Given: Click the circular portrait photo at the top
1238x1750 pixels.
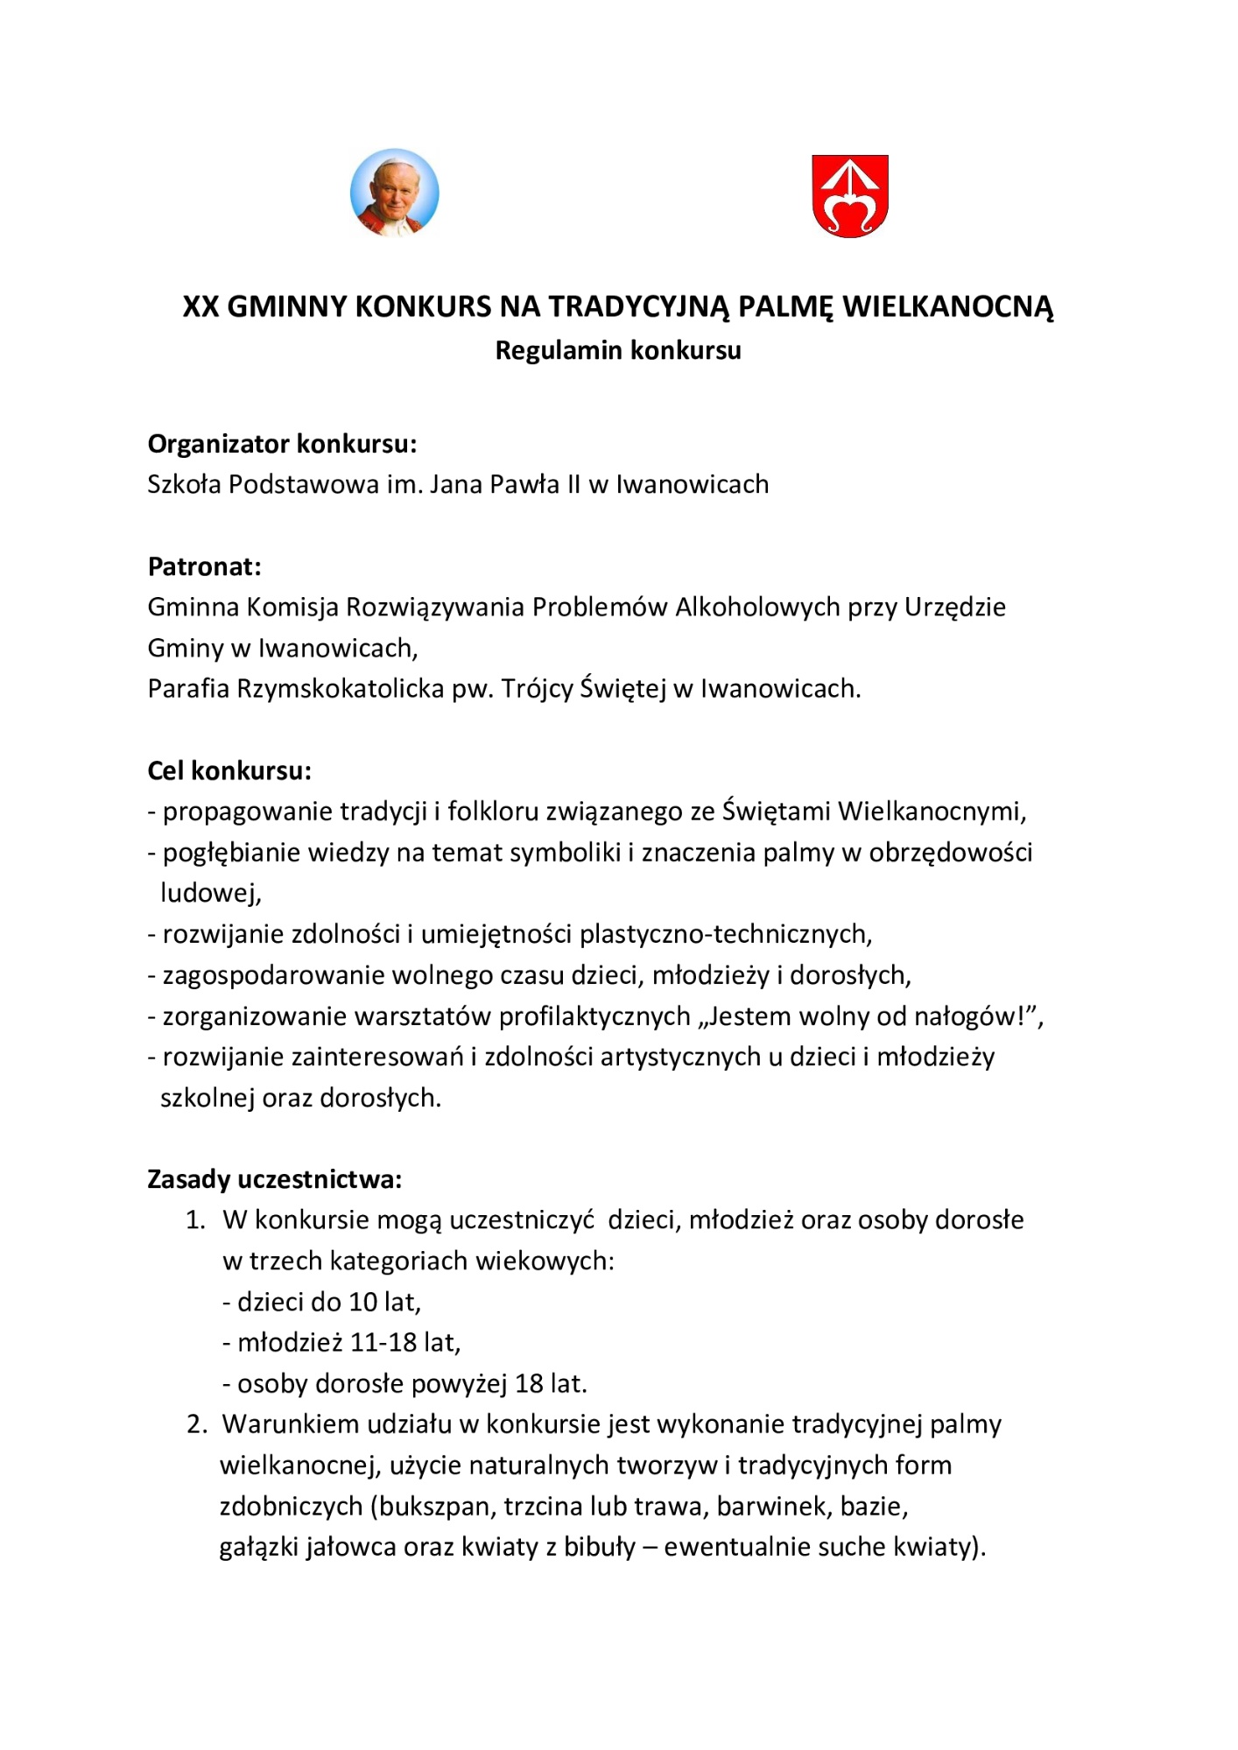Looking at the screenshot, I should tap(394, 193).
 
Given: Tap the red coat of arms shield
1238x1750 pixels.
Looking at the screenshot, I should tap(849, 195).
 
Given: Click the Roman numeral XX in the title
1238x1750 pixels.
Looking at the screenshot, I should tap(200, 306).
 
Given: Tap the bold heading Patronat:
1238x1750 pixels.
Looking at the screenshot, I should tap(204, 566).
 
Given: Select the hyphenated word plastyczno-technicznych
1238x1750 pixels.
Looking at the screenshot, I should tap(725, 934).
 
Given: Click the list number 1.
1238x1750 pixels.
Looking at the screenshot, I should tap(194, 1219).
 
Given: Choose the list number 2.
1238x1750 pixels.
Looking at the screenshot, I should tap(196, 1424).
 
